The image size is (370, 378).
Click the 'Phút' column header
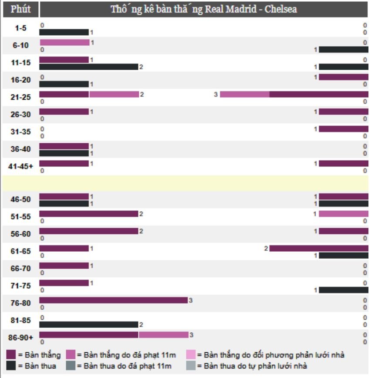pos(20,9)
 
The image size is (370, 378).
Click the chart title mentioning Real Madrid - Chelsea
pos(204,9)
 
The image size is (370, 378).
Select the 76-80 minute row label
pos(20,303)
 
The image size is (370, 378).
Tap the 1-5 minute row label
pos(20,28)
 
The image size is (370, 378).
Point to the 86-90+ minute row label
pos(20,337)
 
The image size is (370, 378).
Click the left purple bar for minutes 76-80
pos(113,300)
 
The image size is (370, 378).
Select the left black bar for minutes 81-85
pos(88,324)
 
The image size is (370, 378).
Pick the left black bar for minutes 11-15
pos(88,67)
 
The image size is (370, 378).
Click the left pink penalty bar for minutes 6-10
pos(64,43)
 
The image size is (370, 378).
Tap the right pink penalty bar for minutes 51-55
pos(343,214)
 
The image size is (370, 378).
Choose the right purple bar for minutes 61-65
pos(318,248)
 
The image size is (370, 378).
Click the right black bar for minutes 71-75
pos(343,290)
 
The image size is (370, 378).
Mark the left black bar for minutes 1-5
pos(64,32)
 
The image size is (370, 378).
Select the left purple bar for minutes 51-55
pos(88,214)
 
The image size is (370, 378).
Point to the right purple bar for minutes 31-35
pos(343,129)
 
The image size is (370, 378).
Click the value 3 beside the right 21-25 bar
pos(215,94)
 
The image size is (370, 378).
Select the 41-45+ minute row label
pos(20,166)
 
